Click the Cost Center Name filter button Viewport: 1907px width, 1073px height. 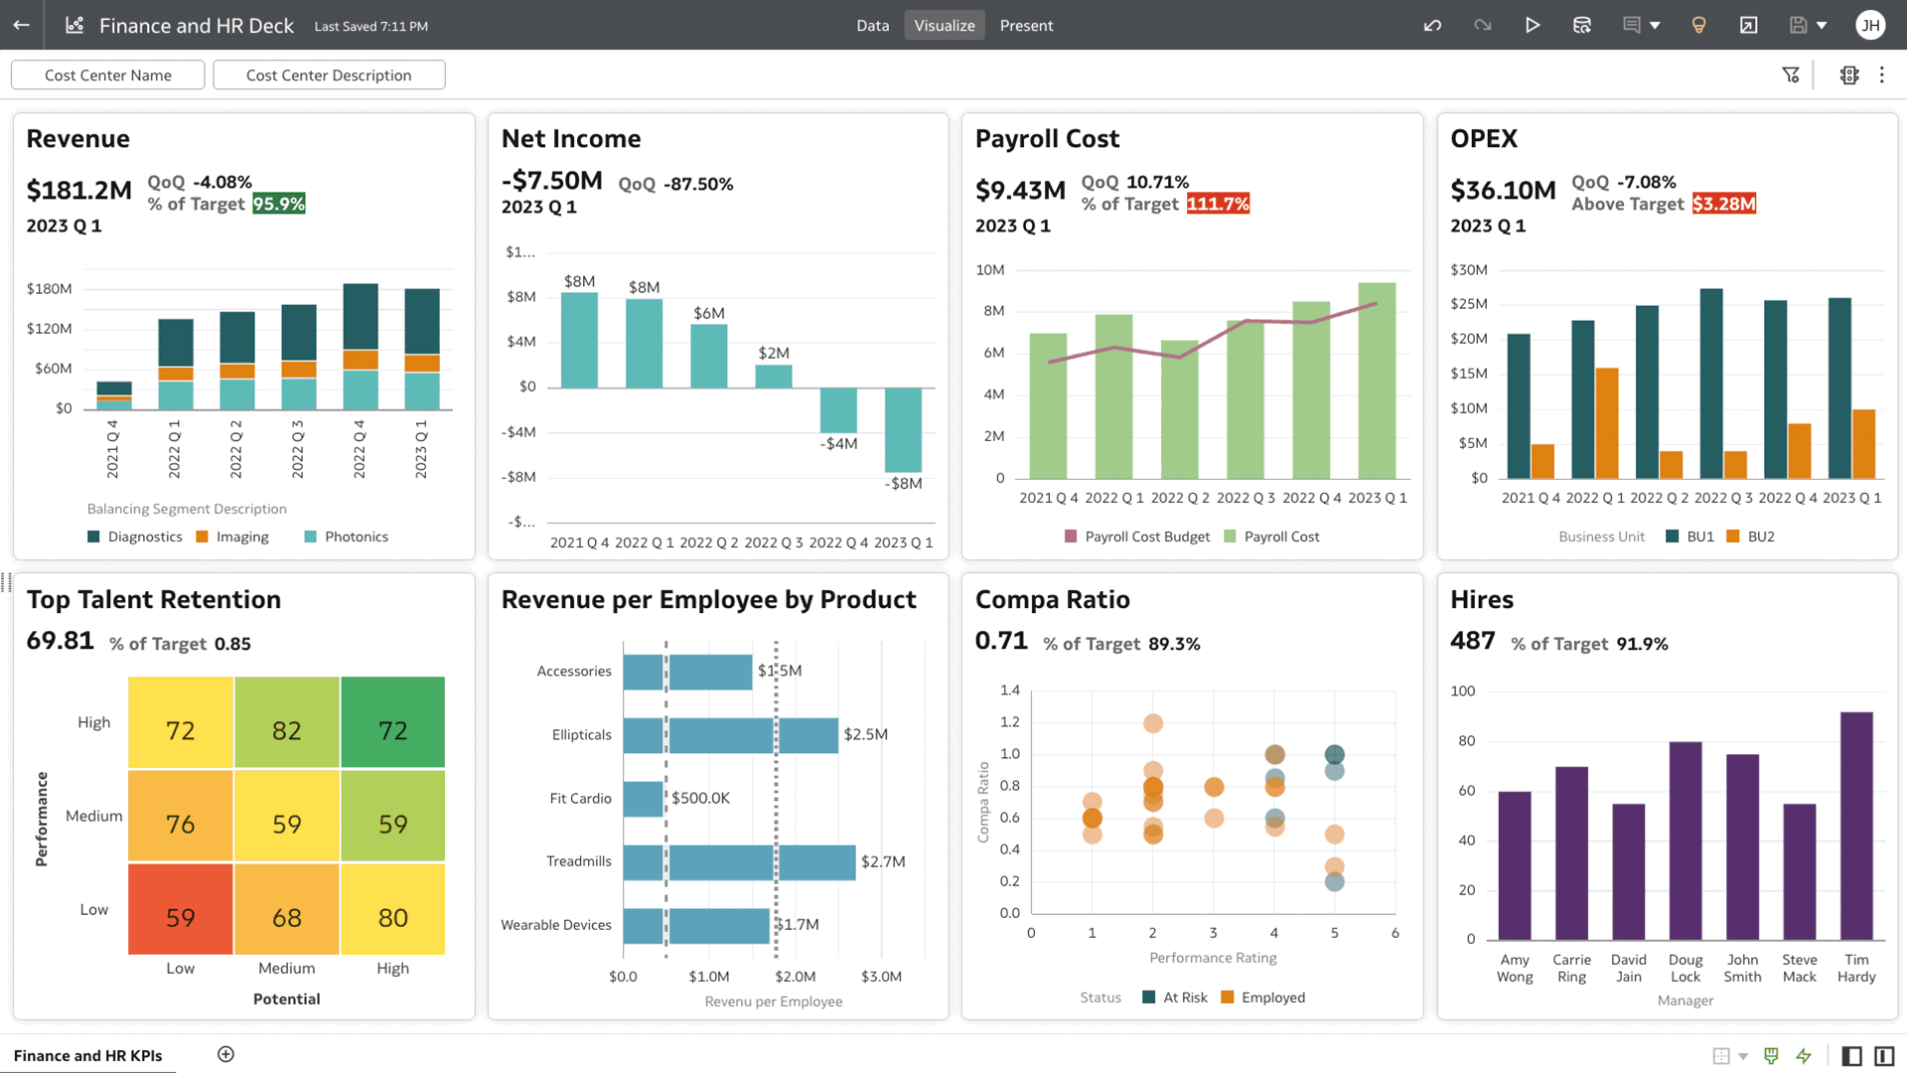click(x=107, y=76)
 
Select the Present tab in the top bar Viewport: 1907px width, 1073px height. click(x=1026, y=26)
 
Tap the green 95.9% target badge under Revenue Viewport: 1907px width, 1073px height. click(x=278, y=204)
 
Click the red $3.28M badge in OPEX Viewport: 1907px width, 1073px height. click(x=1723, y=204)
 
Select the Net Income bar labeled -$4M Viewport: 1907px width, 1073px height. click(x=838, y=409)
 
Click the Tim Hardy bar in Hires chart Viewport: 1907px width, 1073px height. click(x=1855, y=825)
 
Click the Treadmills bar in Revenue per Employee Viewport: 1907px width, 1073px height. click(x=739, y=862)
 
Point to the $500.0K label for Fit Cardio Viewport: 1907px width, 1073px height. click(x=700, y=798)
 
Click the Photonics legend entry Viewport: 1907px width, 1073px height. click(x=356, y=536)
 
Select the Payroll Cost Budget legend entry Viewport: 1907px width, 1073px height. click(x=1146, y=536)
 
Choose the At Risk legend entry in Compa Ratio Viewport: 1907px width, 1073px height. click(x=1184, y=997)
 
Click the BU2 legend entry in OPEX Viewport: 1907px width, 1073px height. click(x=1760, y=536)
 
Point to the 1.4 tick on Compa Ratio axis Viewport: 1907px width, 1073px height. click(x=1009, y=690)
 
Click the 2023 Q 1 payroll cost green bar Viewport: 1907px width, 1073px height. click(x=1377, y=382)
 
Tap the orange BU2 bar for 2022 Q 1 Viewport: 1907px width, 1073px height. click(x=1606, y=423)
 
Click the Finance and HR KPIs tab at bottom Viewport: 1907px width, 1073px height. click(x=87, y=1055)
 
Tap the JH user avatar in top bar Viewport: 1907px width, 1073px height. click(x=1869, y=26)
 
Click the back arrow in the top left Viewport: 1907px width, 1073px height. click(x=21, y=26)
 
